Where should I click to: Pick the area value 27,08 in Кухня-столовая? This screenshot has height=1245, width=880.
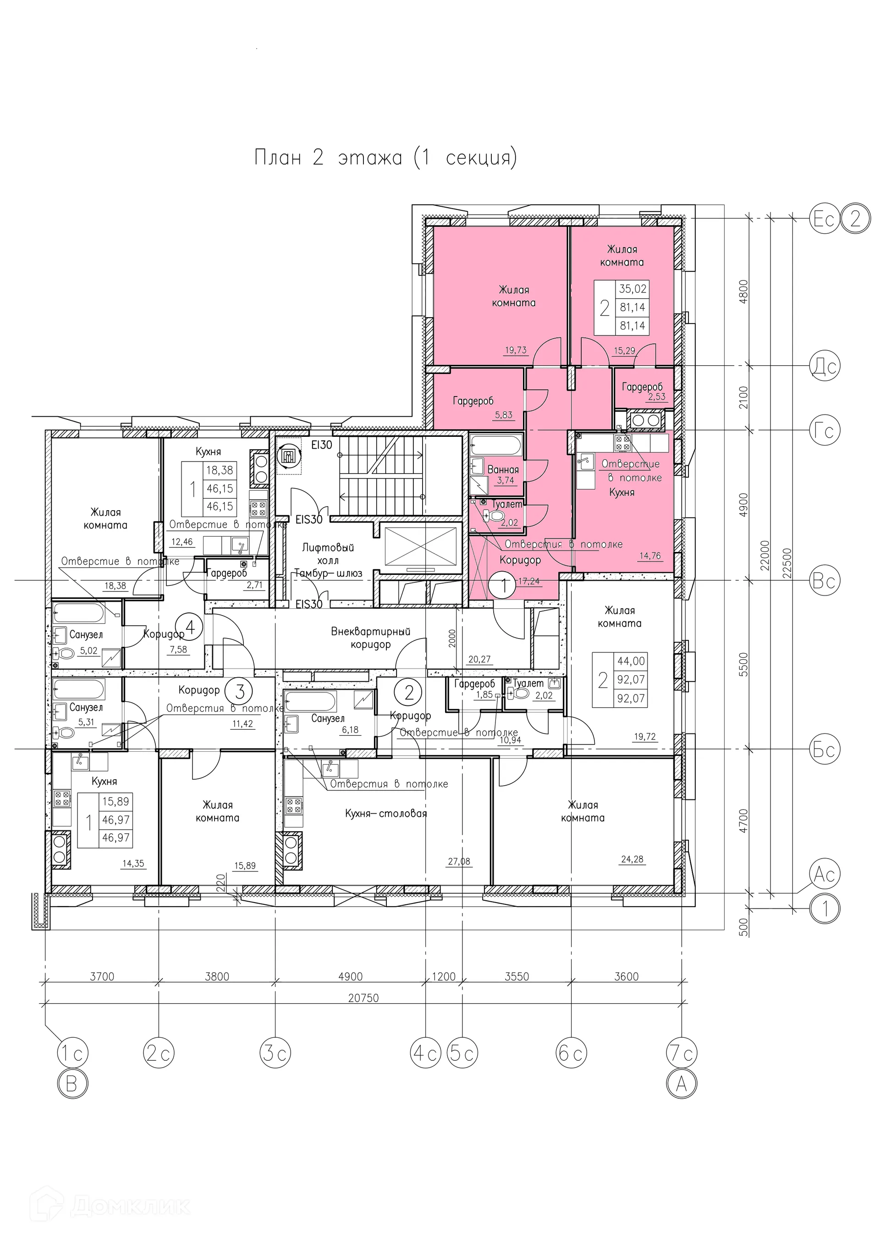pos(459,861)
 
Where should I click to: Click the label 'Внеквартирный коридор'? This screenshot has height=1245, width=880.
pos(371,638)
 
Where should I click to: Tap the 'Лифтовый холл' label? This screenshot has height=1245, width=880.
pos(328,554)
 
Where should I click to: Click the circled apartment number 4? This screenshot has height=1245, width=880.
pos(190,628)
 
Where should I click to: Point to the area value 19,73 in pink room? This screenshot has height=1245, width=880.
pos(516,350)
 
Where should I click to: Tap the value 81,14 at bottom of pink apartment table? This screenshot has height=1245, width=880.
pos(632,325)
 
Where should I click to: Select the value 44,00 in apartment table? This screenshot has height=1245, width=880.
pos(631,661)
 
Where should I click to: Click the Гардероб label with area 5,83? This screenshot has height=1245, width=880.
pos(473,401)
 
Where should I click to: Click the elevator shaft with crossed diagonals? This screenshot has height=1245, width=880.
pos(421,546)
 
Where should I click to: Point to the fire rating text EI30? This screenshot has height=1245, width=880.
pos(322,445)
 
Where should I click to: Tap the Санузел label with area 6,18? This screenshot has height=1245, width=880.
pos(328,718)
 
